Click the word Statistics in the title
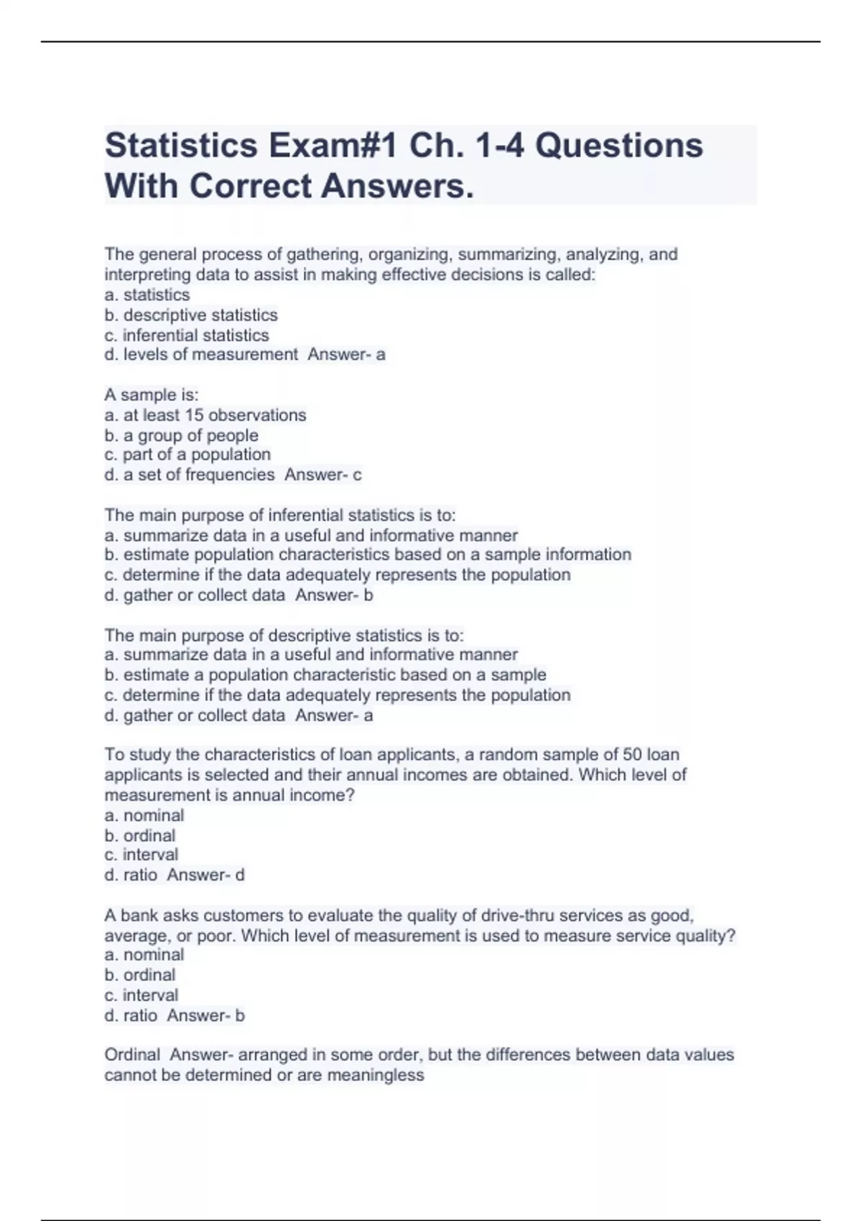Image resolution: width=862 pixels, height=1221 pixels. click(181, 146)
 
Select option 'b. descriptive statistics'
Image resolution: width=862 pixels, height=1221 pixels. click(191, 315)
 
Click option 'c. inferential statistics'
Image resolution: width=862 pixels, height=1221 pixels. click(187, 335)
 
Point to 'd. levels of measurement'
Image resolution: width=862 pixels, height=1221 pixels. click(201, 355)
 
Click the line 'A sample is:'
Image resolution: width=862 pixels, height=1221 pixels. click(152, 395)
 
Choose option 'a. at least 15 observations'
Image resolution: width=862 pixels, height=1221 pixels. click(205, 415)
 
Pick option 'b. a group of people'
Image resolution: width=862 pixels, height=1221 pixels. click(181, 435)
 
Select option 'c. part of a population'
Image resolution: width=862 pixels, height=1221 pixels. click(187, 455)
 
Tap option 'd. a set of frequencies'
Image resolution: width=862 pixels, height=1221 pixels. click(190, 475)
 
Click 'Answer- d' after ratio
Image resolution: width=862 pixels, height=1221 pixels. click(206, 875)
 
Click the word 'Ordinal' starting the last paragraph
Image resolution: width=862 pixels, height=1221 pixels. click(132, 1055)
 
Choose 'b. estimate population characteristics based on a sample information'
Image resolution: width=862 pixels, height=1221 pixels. click(368, 554)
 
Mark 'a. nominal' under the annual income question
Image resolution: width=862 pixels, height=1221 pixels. click(144, 815)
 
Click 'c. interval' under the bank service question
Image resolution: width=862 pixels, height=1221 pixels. click(142, 995)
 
